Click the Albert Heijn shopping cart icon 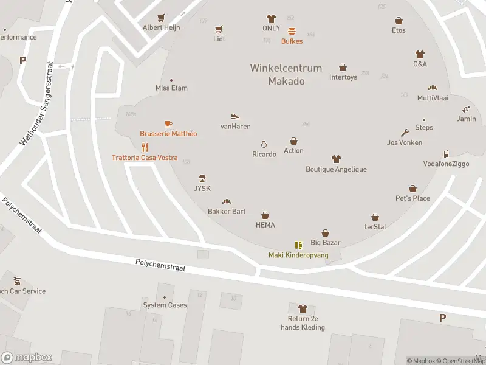point(161,18)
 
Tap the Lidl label point(219,39)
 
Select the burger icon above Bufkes point(292,31)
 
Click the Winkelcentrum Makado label point(286,75)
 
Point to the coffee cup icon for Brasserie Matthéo point(168,123)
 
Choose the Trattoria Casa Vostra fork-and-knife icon point(145,147)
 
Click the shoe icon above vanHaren point(235,116)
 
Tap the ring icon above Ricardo point(264,144)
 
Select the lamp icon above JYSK point(202,178)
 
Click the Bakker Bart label point(227,211)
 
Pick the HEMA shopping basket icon point(265,215)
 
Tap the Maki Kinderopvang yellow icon point(298,245)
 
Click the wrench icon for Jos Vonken point(405,133)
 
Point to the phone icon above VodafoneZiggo point(446,154)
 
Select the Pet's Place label point(412,198)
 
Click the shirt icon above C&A point(420,54)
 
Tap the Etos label point(399,30)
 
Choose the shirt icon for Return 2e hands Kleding point(303,309)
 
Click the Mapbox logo point(27,358)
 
